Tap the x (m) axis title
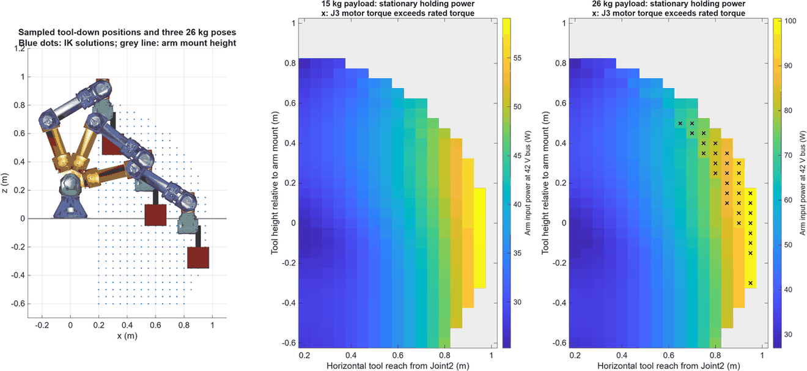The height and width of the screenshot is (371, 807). [127, 336]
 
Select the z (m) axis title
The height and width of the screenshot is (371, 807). [5, 183]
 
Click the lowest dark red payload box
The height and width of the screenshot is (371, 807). [198, 257]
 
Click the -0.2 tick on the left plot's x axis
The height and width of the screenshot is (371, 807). [42, 325]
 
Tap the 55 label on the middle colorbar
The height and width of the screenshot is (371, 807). [517, 58]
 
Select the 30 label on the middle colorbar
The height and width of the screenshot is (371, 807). [517, 302]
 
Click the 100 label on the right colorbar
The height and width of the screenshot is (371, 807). [790, 21]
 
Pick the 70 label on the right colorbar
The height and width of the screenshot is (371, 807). [788, 155]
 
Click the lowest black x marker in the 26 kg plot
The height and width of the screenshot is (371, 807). [750, 283]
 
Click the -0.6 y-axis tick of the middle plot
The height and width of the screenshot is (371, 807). [289, 342]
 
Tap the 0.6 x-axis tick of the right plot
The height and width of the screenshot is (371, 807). [669, 356]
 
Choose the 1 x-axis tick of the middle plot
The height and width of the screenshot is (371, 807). [492, 356]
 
